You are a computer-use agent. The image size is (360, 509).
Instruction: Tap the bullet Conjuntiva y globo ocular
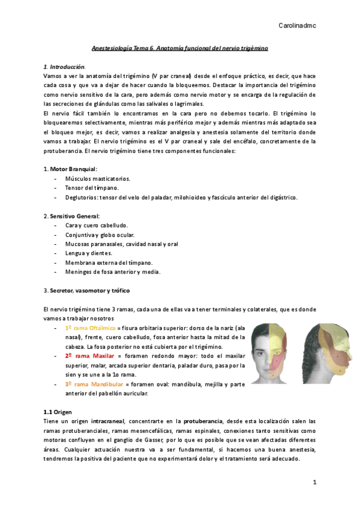pyautogui.click(x=100, y=235)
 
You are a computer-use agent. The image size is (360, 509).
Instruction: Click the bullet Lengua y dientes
pyautogui.click(x=88, y=253)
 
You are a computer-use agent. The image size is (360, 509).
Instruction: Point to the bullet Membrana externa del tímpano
pyautogui.click(x=109, y=262)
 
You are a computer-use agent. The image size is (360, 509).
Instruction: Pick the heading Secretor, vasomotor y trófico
pyautogui.click(x=90, y=291)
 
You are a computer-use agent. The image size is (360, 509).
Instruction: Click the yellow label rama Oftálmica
pyautogui.click(x=90, y=328)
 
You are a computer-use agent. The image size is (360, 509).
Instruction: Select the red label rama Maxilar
pyautogui.click(x=88, y=356)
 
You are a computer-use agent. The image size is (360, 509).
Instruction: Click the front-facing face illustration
pyautogui.click(x=272, y=354)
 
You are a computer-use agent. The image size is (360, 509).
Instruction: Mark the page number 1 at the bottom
pyautogui.click(x=314, y=482)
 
